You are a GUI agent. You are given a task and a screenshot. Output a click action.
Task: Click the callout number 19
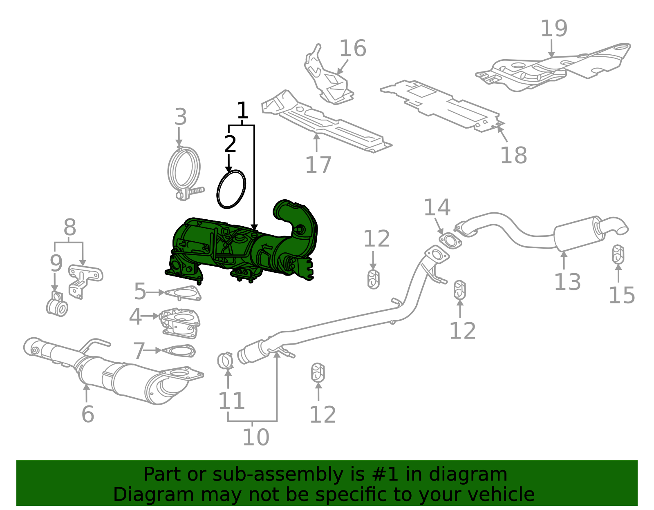tap(554, 29)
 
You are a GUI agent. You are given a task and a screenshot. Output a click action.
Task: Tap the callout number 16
tap(352, 49)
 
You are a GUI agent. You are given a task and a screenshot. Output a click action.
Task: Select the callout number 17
tap(318, 165)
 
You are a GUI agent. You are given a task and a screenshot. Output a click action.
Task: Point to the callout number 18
tap(513, 155)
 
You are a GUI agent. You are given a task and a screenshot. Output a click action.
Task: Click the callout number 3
tap(180, 117)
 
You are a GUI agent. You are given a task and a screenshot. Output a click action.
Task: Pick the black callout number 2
tap(230, 144)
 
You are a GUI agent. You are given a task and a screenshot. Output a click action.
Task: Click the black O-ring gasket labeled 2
tap(231, 189)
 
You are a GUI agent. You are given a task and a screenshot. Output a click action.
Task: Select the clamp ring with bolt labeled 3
tap(184, 171)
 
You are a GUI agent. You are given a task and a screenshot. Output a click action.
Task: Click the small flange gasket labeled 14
tap(450, 241)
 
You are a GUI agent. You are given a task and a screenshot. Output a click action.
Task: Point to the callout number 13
tap(567, 282)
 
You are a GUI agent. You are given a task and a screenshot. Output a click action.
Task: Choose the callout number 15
tap(621, 295)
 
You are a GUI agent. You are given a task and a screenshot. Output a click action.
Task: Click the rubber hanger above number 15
tap(618, 254)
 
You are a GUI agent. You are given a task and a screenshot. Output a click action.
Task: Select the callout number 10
tap(255, 437)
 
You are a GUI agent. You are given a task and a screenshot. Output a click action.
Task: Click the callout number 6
tap(87, 414)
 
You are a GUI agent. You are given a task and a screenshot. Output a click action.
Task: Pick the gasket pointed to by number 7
tap(178, 351)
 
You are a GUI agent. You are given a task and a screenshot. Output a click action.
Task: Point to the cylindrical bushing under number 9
tap(57, 308)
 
